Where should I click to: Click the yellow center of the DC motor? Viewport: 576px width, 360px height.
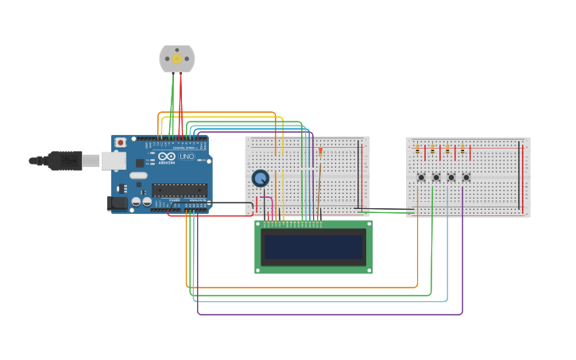tap(176, 59)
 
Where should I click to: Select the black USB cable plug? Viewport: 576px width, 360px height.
tap(64, 161)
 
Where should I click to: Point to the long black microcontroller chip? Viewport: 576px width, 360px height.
tap(180, 190)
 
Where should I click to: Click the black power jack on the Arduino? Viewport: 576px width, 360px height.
tap(117, 203)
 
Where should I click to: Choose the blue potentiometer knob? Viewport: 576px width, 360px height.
tap(261, 178)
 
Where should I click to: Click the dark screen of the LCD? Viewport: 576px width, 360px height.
tap(314, 247)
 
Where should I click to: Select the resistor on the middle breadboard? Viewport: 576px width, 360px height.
tap(320, 151)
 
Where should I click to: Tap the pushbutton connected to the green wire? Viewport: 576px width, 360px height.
tap(435, 177)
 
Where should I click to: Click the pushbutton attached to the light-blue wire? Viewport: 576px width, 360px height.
tap(450, 177)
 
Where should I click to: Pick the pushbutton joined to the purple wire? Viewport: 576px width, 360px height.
tap(466, 177)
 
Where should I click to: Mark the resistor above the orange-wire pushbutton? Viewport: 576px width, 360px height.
tap(417, 149)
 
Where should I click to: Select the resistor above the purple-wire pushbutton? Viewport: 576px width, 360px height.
tap(462, 149)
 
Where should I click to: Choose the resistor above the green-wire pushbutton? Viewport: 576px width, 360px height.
tap(432, 149)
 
